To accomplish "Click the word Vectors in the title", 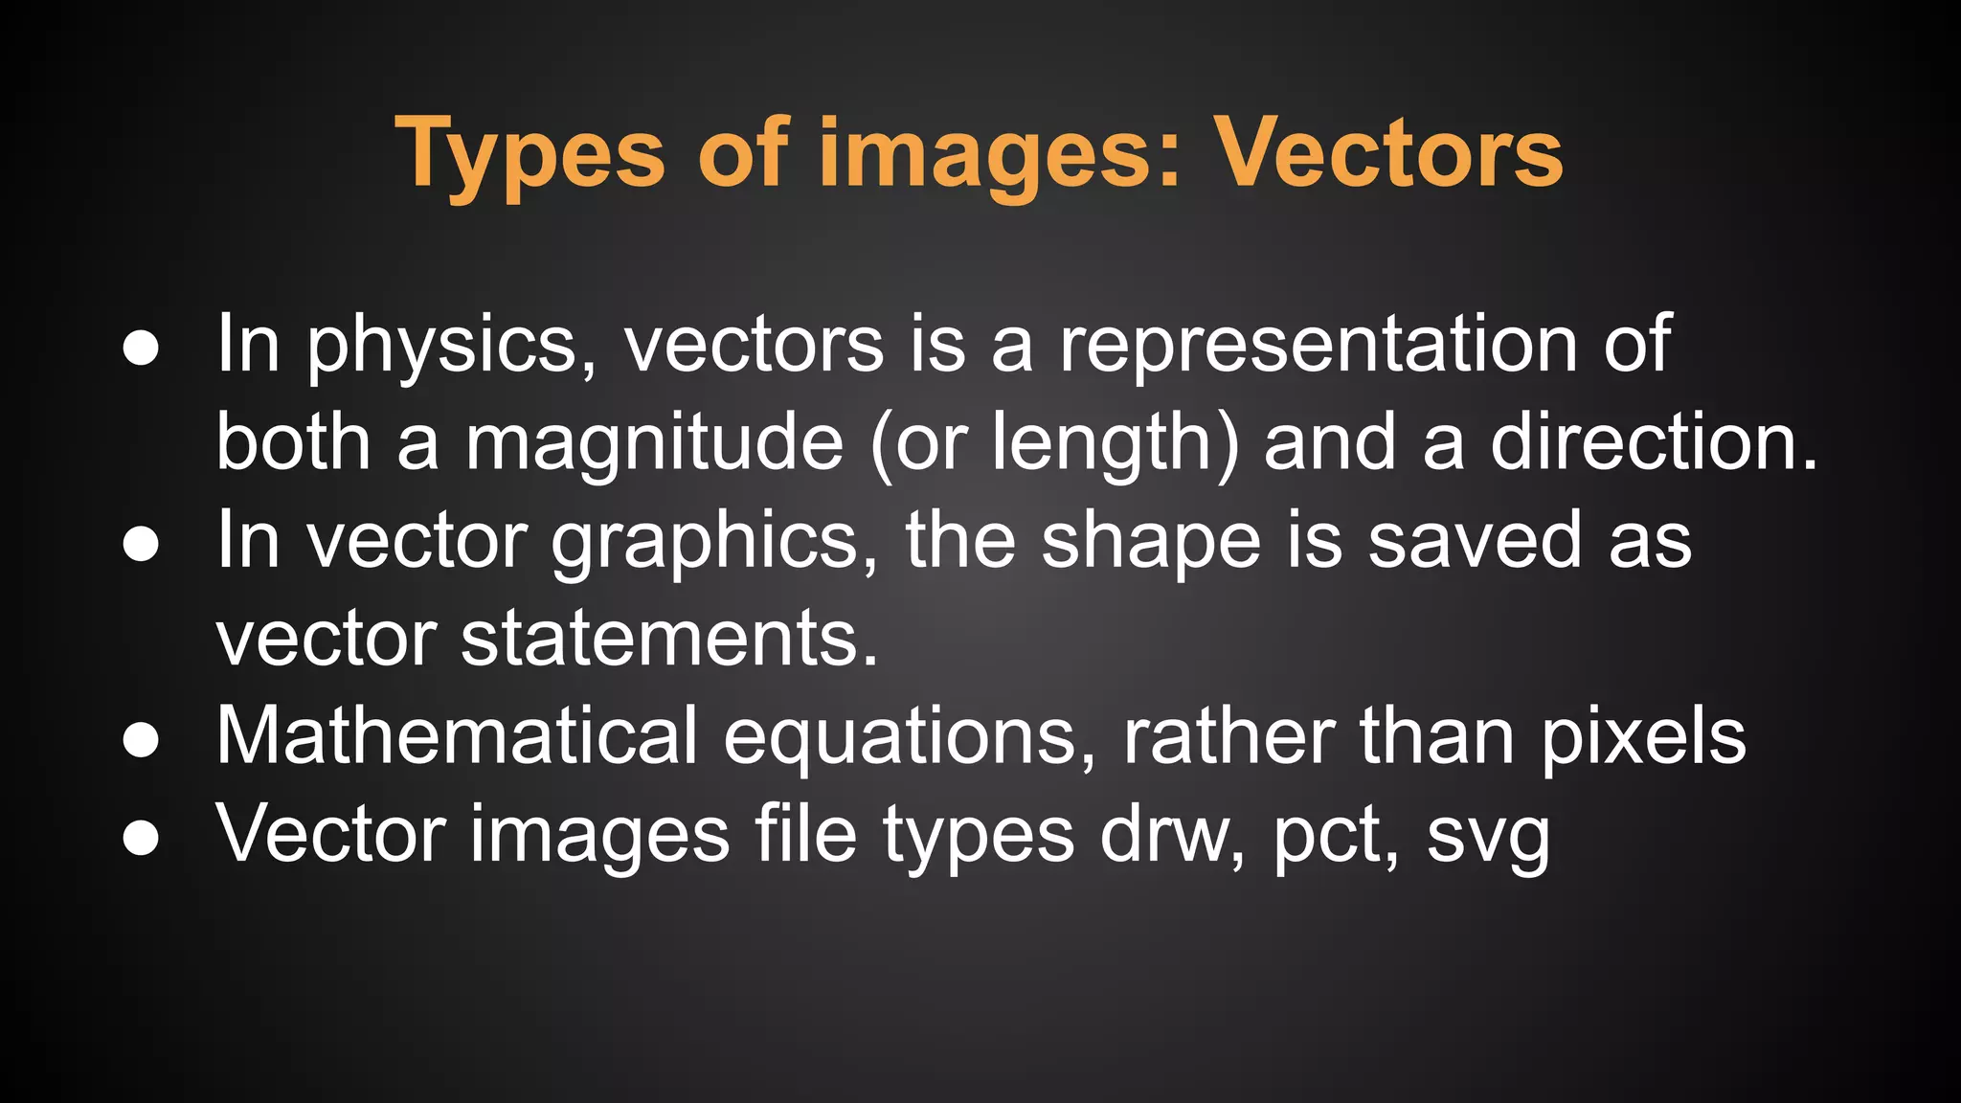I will point(1388,153).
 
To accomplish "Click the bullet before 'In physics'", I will point(141,349).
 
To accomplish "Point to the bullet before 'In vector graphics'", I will point(141,544).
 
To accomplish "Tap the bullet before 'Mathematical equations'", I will point(141,740).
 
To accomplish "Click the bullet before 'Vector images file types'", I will point(141,838).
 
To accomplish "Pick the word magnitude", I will point(654,444).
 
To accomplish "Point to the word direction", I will point(1653,442).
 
